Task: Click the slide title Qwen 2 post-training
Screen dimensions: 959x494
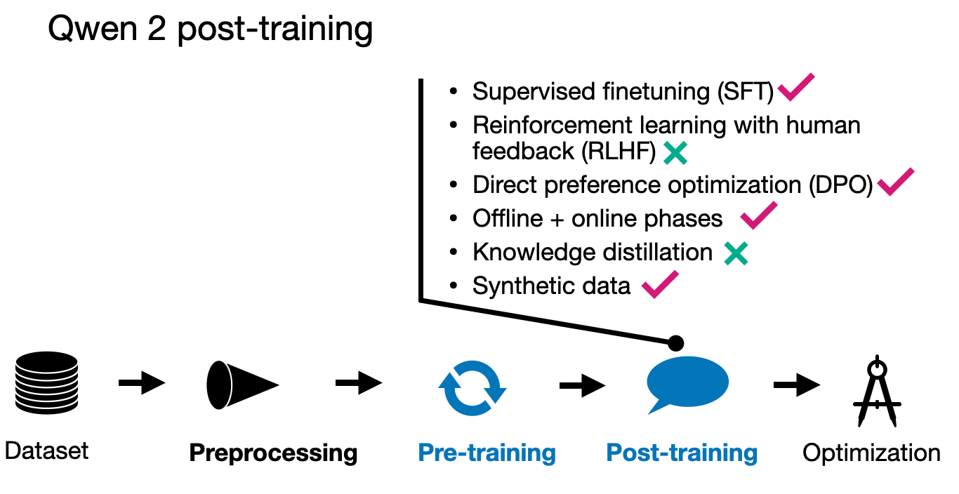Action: pyautogui.click(x=210, y=29)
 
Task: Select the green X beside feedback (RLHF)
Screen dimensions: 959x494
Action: pyautogui.click(x=675, y=153)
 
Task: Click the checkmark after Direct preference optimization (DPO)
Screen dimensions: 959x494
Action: pyautogui.click(x=896, y=182)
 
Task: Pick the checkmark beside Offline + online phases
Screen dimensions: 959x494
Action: pyautogui.click(x=759, y=215)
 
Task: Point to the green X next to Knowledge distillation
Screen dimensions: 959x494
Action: pyautogui.click(x=736, y=253)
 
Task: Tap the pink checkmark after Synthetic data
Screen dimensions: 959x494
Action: pyautogui.click(x=660, y=284)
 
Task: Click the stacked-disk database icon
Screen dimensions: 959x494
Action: pyautogui.click(x=46, y=382)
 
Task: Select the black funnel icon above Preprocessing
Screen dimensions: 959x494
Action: pyautogui.click(x=242, y=385)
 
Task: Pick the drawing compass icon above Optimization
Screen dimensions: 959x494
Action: pyautogui.click(x=878, y=391)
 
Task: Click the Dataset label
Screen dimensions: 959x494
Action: pyautogui.click(x=46, y=450)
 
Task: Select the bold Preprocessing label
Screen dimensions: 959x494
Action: pyautogui.click(x=273, y=453)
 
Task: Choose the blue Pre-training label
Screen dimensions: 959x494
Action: pyautogui.click(x=487, y=453)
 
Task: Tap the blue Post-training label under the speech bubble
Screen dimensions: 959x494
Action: pyautogui.click(x=682, y=453)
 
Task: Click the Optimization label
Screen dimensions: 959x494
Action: pyautogui.click(x=871, y=453)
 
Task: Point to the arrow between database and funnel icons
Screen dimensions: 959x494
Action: pyautogui.click(x=142, y=382)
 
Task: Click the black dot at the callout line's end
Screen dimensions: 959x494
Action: pyautogui.click(x=675, y=343)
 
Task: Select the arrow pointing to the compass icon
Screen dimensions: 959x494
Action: pyautogui.click(x=797, y=385)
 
